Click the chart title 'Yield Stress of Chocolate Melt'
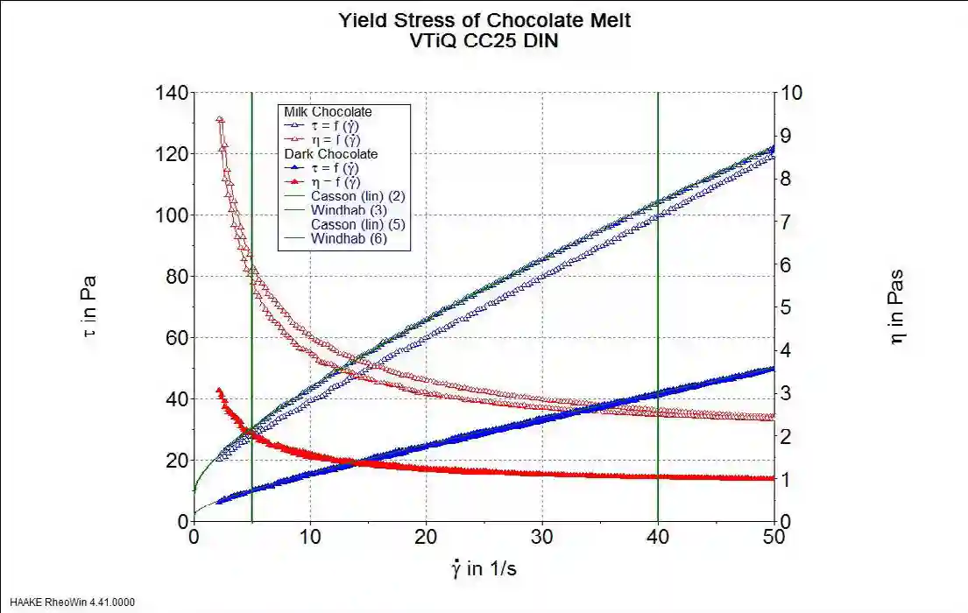click(484, 21)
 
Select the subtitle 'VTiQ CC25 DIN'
click(484, 41)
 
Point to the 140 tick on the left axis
click(170, 93)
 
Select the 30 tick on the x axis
click(542, 538)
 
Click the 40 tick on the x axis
click(658, 538)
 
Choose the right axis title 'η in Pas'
click(897, 306)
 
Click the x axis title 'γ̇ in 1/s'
click(484, 569)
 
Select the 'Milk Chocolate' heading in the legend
click(328, 112)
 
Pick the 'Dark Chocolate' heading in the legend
click(330, 154)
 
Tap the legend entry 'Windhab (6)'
click(336, 239)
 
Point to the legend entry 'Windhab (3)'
click(336, 210)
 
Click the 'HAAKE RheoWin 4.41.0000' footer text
click(73, 602)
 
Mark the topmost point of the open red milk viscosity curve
click(219, 118)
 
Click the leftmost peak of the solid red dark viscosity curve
click(219, 390)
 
